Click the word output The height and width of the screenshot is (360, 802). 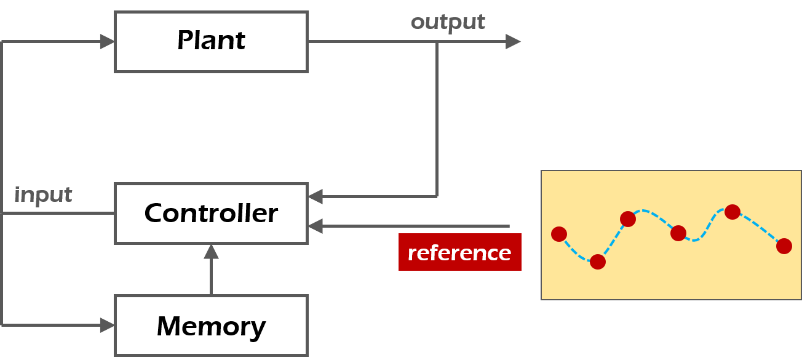coord(448,23)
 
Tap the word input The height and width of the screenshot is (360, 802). coord(43,195)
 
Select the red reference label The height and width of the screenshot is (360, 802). coord(459,252)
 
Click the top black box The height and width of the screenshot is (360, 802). coord(211,42)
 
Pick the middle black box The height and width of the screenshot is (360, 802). coord(211,214)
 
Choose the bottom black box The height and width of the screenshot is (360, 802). coord(211,326)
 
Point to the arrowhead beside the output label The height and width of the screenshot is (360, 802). coord(513,42)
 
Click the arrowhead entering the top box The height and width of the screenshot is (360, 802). coord(108,42)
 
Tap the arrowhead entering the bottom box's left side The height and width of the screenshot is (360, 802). coord(108,325)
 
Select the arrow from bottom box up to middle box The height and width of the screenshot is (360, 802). coord(211,271)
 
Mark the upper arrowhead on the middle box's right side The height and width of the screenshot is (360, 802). coord(316,197)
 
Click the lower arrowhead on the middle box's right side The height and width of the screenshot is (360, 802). coord(316,226)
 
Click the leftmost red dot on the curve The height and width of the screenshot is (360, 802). coord(559,234)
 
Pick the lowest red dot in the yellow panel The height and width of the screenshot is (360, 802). coord(598,262)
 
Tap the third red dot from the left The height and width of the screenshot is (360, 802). coord(628,219)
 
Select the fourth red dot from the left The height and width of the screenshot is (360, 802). coord(678,233)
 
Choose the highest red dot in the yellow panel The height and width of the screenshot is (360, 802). coord(733,212)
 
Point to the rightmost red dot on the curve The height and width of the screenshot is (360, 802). coord(784,246)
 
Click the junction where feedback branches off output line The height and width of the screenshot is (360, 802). coord(437,42)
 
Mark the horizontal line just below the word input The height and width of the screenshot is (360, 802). coord(58,214)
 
